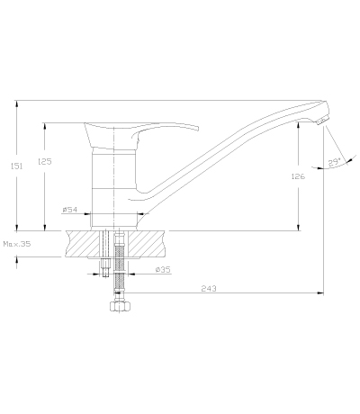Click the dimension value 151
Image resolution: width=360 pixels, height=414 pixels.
click(x=17, y=166)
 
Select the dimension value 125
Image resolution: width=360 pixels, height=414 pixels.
click(x=45, y=161)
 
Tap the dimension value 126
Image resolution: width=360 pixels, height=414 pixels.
click(x=298, y=176)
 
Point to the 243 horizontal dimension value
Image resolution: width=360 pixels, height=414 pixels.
click(x=209, y=289)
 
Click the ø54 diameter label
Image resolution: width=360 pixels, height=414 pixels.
click(x=70, y=210)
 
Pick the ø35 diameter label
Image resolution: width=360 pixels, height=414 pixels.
click(x=163, y=270)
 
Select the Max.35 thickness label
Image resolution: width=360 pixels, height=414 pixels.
click(x=17, y=244)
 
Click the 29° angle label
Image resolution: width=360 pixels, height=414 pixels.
click(x=335, y=162)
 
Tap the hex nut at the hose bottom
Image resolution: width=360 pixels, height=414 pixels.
click(x=120, y=307)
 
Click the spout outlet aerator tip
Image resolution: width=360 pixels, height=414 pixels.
click(x=321, y=121)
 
